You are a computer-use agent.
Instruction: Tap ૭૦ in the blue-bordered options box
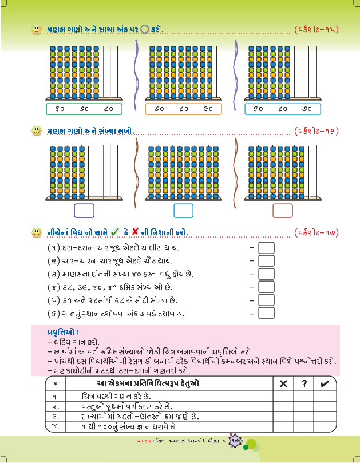307,109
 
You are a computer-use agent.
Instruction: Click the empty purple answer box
84,211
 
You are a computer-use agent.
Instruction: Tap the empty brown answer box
283,211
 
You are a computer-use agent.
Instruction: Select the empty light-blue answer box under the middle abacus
183,211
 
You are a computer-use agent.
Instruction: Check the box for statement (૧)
267,247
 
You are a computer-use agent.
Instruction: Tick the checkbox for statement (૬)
267,314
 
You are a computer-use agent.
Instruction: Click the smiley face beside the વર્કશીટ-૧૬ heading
37,131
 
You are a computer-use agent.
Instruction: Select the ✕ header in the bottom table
283,384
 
